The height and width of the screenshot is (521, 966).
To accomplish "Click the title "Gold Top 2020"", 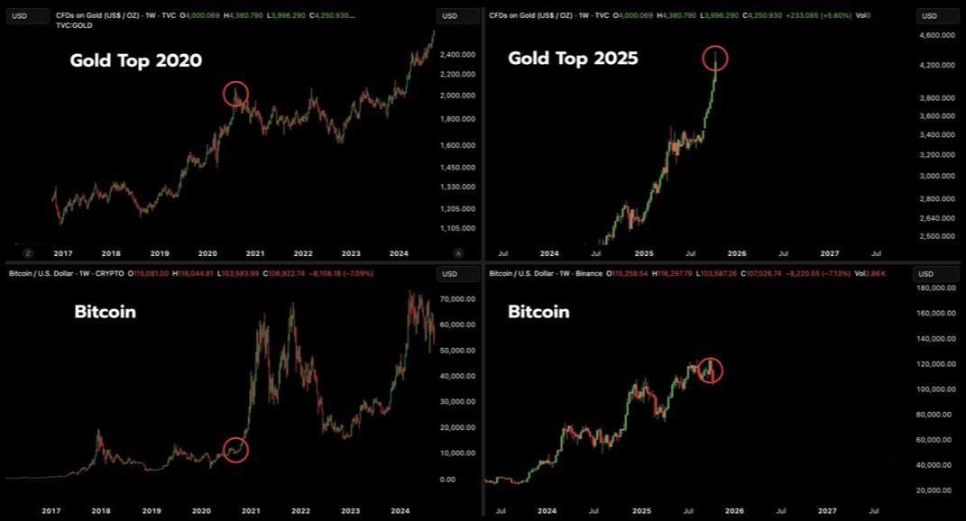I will tap(136, 61).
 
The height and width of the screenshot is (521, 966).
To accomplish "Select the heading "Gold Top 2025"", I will tap(573, 59).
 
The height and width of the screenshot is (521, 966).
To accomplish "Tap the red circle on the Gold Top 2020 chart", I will tap(235, 93).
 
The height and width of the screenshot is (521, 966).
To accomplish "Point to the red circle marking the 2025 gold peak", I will tap(714, 59).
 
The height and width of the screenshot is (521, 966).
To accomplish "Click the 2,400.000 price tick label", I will tap(456, 54).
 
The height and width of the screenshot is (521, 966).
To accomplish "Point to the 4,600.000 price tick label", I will tap(938, 35).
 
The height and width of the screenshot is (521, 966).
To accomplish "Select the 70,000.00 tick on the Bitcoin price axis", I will tap(457, 298).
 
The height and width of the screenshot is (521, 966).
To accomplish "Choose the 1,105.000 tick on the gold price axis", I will tap(456, 228).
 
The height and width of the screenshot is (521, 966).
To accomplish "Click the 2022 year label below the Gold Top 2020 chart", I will tap(303, 255).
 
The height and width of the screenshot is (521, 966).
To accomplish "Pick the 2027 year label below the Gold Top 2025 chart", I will tap(829, 255).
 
